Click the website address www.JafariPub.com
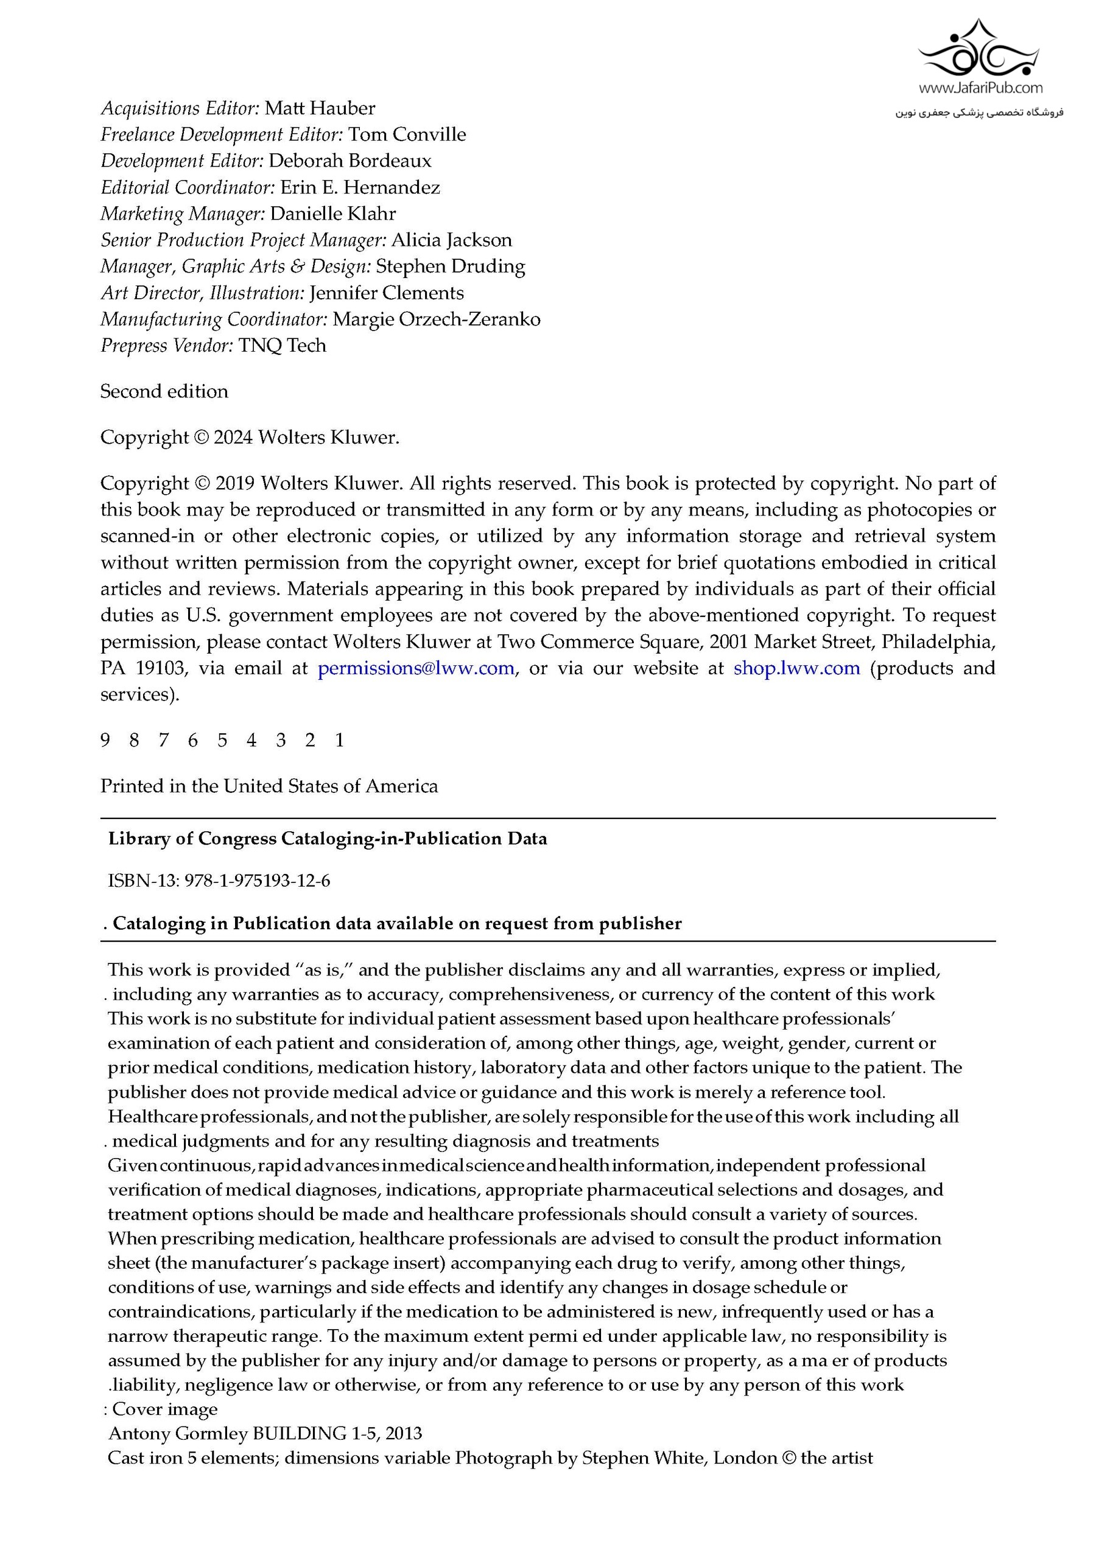(980, 88)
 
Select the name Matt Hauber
(320, 108)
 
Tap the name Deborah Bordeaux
(349, 161)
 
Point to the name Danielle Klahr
(333, 214)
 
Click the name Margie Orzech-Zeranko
(436, 319)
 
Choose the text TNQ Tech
(283, 345)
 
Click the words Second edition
(164, 391)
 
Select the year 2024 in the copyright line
(233, 438)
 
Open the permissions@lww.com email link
(416, 668)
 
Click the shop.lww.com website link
(797, 668)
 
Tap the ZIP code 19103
(160, 668)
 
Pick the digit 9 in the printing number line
(105, 741)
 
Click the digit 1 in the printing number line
(340, 741)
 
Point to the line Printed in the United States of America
(269, 786)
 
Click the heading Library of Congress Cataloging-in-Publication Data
(328, 839)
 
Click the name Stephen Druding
(451, 266)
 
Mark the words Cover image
(165, 1409)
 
